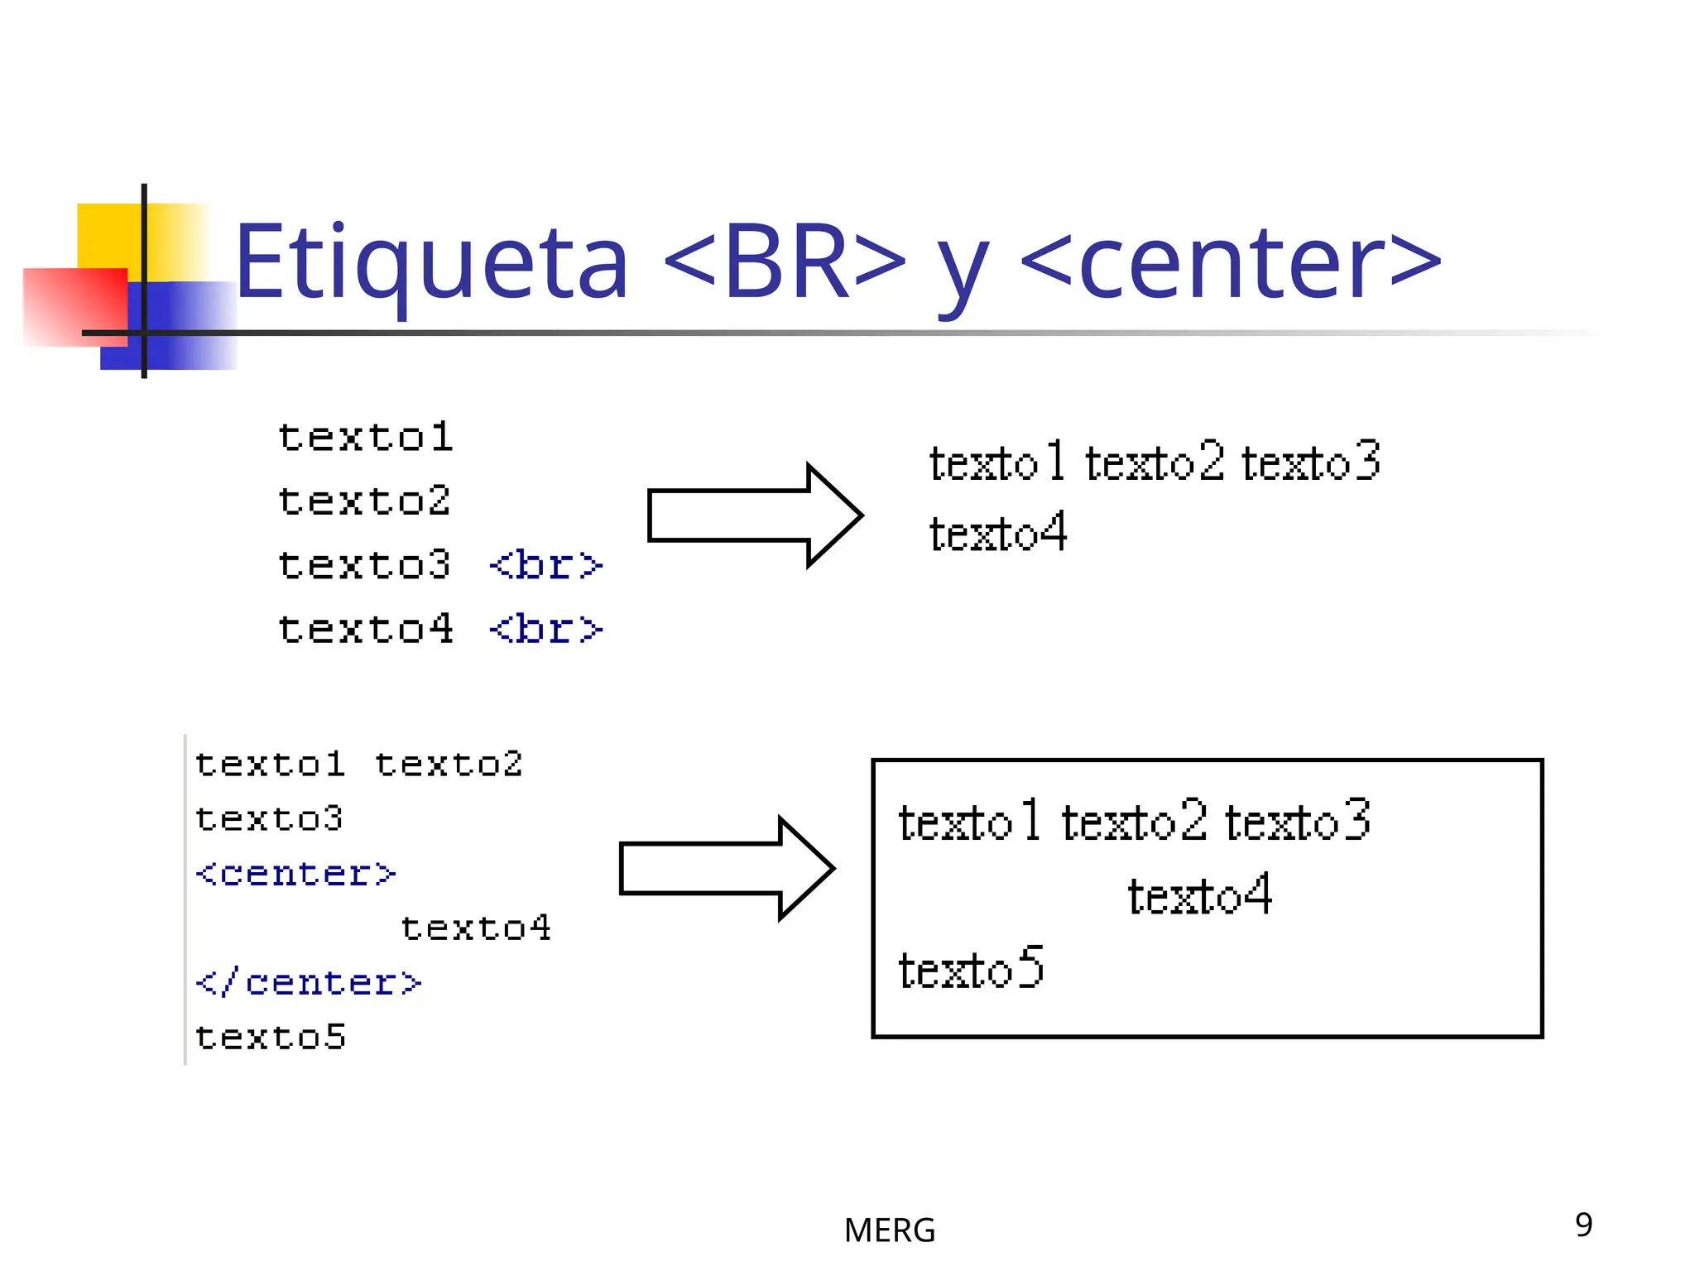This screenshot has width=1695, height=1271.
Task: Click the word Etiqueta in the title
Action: pos(430,263)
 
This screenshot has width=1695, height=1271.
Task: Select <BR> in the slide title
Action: pos(784,263)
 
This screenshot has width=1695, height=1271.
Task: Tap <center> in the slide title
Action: pos(1232,263)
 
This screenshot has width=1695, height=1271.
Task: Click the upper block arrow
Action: pos(753,516)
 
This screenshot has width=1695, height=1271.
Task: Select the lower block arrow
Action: pos(726,868)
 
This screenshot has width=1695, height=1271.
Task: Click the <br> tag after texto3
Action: pos(545,566)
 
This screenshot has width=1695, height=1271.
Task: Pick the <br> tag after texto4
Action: pos(545,630)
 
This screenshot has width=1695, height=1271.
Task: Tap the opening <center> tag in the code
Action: pos(295,874)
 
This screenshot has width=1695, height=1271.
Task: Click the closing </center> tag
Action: pos(308,983)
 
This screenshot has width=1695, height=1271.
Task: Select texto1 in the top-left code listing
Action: pos(365,438)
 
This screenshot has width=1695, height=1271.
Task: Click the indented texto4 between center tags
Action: pos(475,928)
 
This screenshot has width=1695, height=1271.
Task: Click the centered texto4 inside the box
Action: pos(1199,895)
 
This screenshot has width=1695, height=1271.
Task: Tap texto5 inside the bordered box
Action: pos(971,968)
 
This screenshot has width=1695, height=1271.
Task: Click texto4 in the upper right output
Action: pos(997,533)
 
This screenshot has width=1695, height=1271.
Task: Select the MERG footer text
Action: pos(889,1230)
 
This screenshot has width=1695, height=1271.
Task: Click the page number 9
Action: pos(1583,1225)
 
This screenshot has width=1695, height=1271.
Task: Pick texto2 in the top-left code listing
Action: pos(363,501)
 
